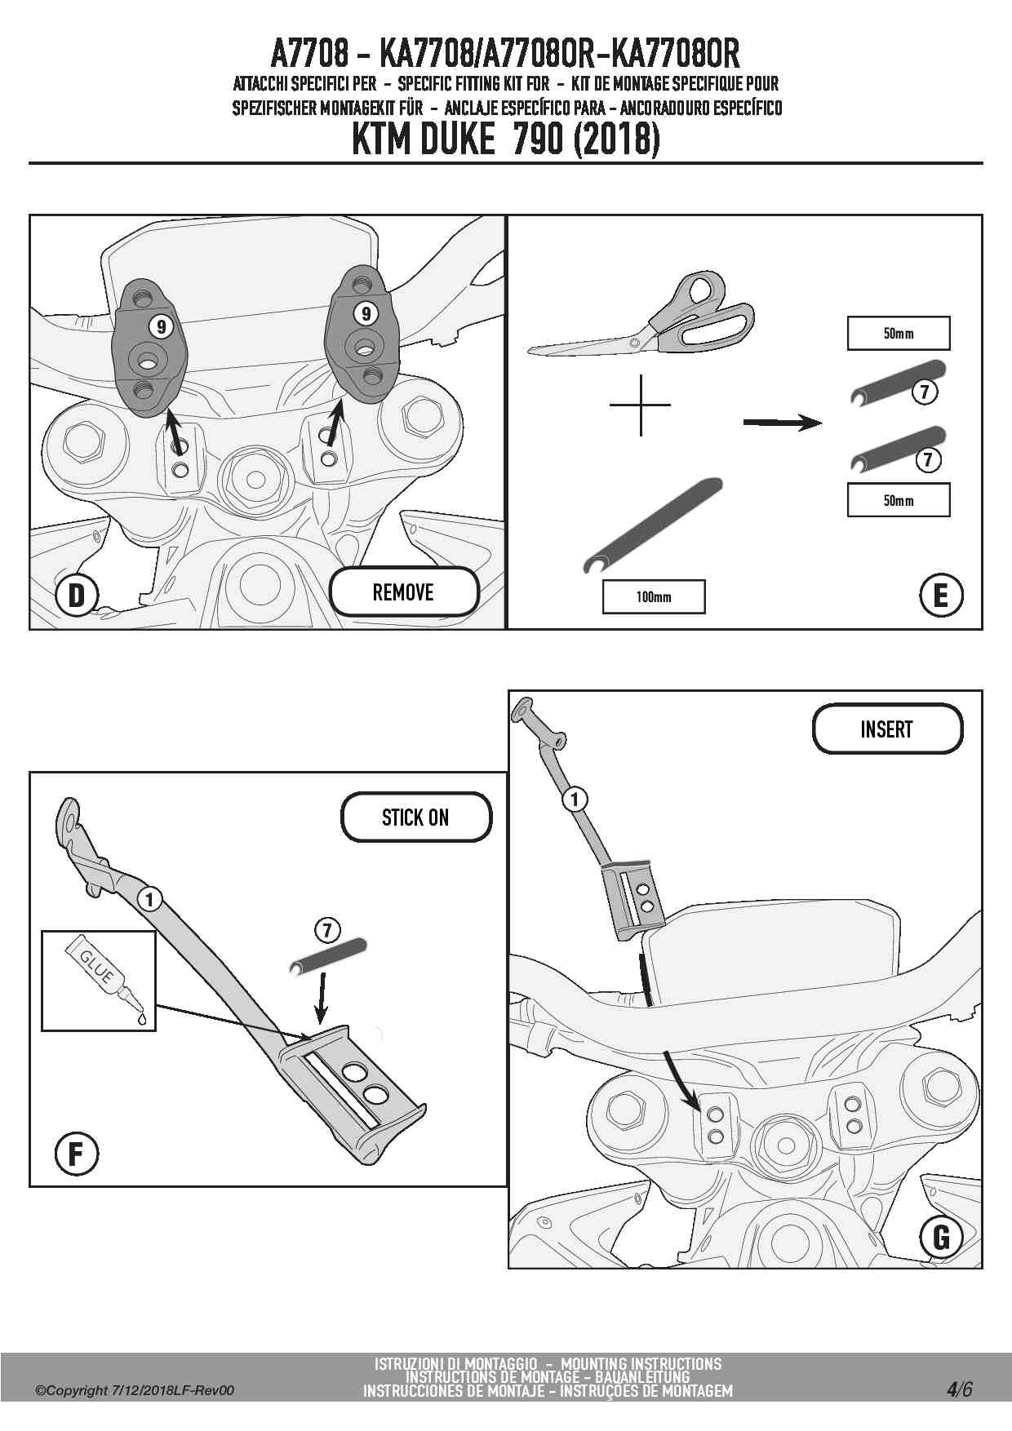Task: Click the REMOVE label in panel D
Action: pos(403,591)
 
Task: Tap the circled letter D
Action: pos(76,595)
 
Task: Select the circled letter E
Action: pos(940,595)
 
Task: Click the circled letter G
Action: pos(940,1237)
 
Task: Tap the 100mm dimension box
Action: pos(653,596)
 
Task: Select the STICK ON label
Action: pos(415,817)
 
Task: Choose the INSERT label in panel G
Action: pos(886,729)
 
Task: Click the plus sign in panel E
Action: pos(641,405)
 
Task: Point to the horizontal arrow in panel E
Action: pos(782,423)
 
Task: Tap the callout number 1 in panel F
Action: pos(149,899)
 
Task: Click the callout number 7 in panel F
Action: pos(326,930)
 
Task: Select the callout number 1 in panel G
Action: pos(575,799)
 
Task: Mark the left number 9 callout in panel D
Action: pos(161,326)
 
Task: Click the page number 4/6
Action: pos(959,1389)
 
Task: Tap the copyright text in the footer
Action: pos(135,1390)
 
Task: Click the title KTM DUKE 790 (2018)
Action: pos(505,139)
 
